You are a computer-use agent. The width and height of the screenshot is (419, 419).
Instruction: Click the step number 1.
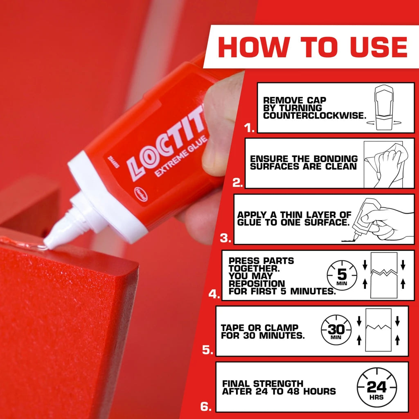(249, 128)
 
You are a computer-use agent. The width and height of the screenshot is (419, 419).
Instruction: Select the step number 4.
(214, 294)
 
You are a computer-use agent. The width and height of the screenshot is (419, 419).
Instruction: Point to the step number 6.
(206, 407)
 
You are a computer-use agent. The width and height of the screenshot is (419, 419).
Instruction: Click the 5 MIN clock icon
(342, 275)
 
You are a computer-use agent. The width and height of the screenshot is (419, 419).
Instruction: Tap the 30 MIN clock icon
(336, 330)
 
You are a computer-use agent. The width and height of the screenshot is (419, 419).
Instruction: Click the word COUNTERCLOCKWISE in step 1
(315, 116)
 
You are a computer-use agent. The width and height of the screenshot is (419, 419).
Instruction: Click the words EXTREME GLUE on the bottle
(181, 156)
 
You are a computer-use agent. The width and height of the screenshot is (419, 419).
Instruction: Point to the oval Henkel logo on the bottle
(141, 194)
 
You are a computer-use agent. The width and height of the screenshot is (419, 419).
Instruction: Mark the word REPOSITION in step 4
(257, 284)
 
